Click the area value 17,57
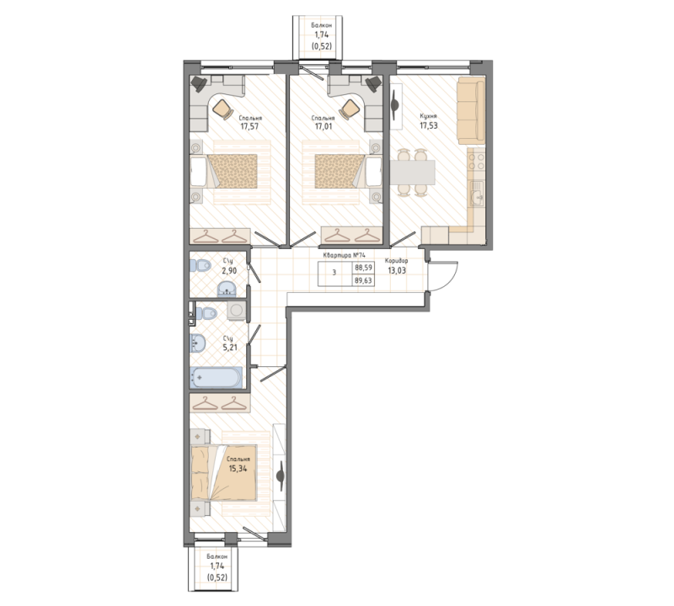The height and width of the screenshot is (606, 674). click(249, 127)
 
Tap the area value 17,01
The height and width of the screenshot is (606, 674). click(324, 127)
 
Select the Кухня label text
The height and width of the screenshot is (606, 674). click(428, 116)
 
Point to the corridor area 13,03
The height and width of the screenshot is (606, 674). click(397, 270)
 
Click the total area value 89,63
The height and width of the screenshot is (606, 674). click(363, 281)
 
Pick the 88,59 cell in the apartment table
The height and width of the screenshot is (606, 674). click(363, 267)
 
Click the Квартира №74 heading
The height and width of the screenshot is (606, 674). click(344, 255)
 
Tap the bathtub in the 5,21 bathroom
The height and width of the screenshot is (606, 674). click(216, 378)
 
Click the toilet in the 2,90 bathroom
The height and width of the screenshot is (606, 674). click(201, 266)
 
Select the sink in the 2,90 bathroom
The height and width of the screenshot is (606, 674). click(227, 289)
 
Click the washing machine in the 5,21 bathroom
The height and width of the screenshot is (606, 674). click(236, 311)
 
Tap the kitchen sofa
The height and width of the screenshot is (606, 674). click(471, 111)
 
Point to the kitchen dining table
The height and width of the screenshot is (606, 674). click(412, 173)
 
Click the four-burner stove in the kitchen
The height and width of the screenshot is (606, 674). click(476, 162)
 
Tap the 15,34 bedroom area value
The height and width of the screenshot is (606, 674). click(238, 468)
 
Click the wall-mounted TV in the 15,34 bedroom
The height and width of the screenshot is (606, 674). click(281, 476)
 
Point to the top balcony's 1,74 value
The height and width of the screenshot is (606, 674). click(322, 35)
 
